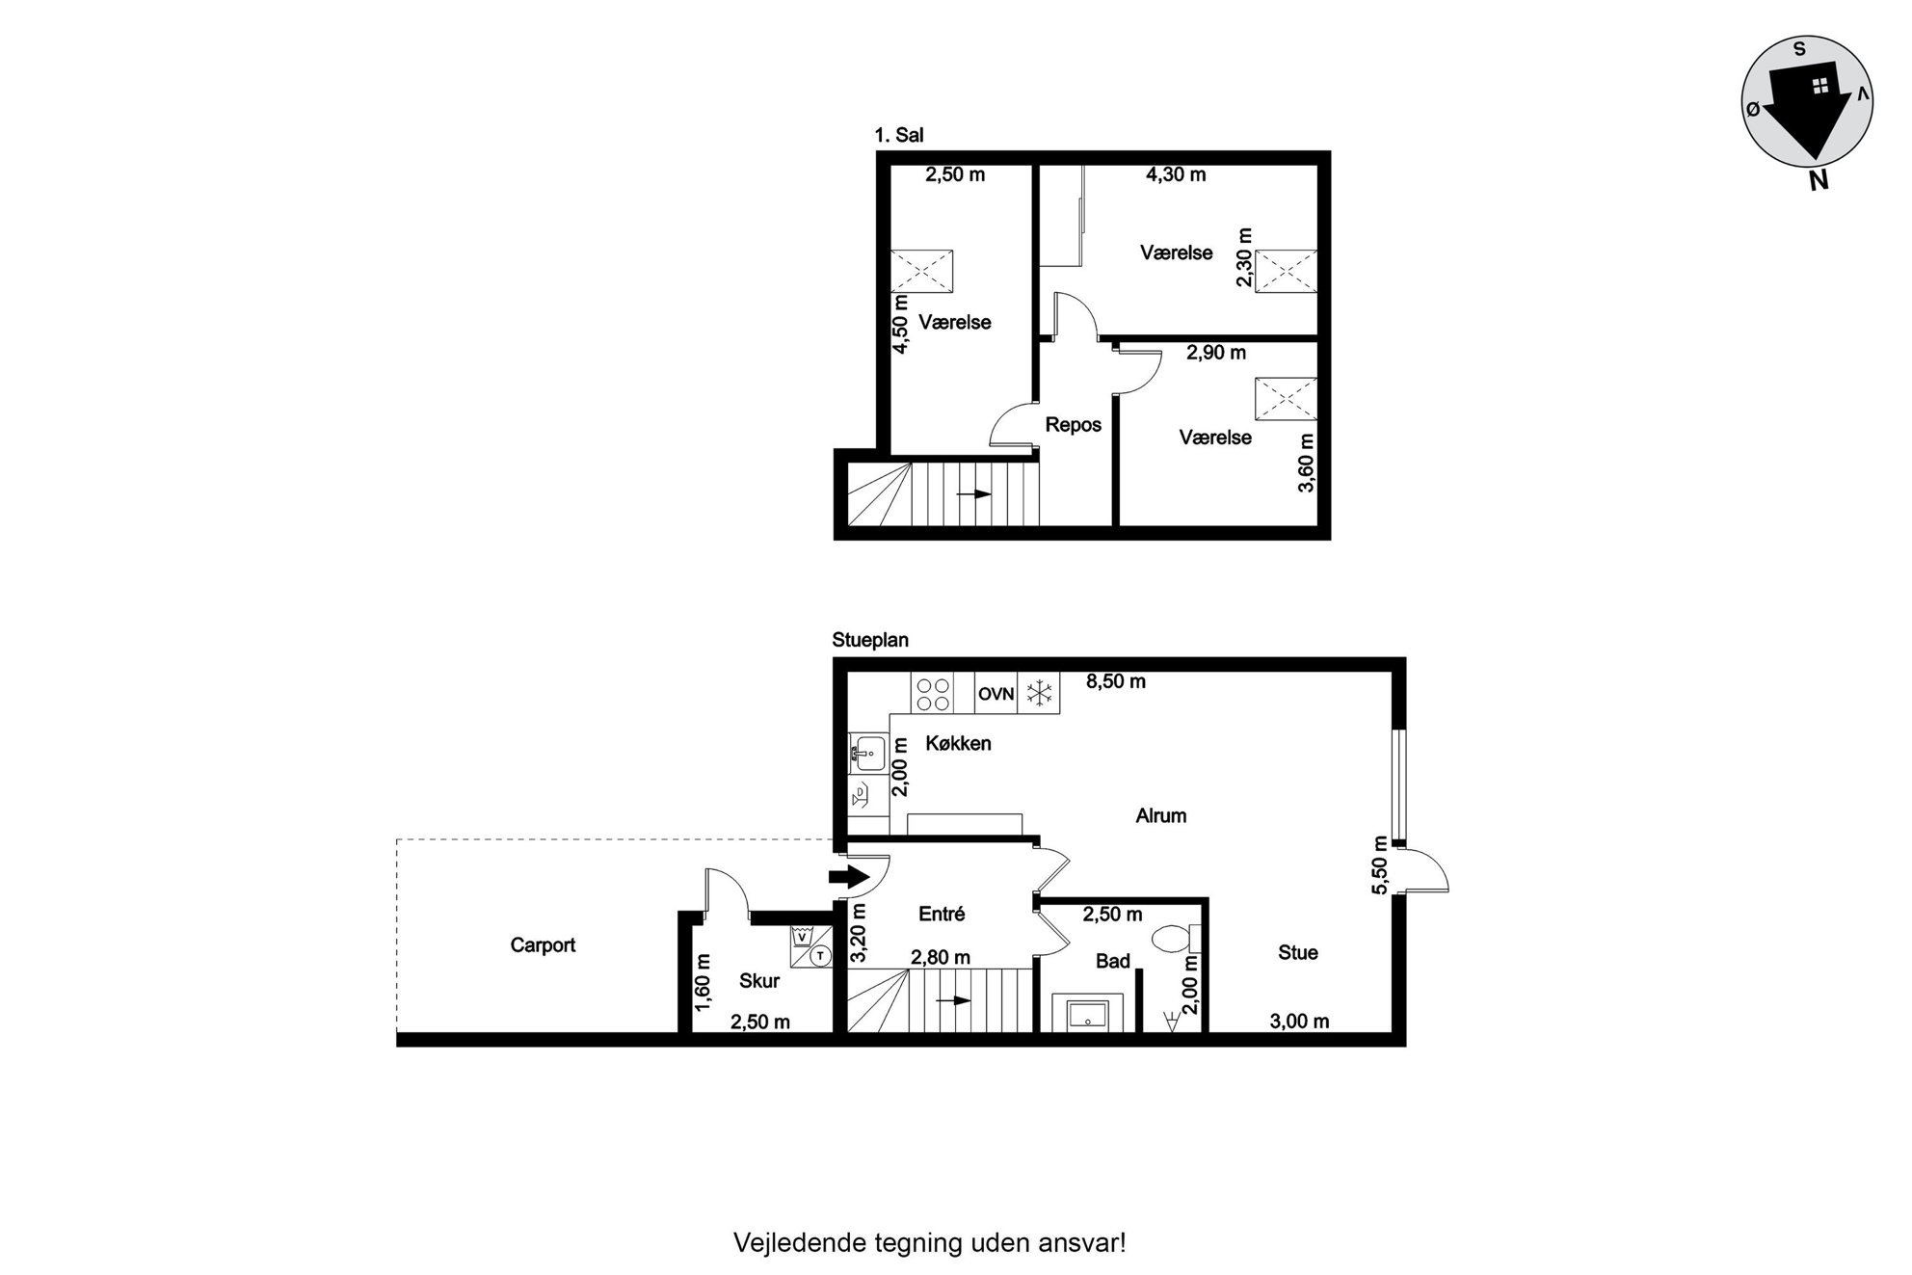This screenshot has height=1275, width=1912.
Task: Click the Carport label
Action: [543, 945]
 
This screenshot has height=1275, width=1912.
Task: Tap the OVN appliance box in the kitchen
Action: [996, 694]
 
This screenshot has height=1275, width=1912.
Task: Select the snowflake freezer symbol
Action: [1039, 694]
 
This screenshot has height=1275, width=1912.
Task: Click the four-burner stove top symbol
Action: [933, 694]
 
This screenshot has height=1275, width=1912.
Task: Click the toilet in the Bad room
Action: [1176, 938]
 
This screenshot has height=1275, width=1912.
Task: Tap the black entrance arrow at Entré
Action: [846, 877]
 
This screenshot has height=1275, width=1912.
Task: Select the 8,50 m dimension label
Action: [1116, 681]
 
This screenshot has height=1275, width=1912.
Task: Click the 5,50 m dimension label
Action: [1380, 864]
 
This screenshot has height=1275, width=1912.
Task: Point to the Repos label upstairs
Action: [1073, 425]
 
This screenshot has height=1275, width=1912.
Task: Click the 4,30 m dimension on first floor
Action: [1176, 174]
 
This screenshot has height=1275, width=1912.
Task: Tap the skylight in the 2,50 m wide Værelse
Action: [921, 271]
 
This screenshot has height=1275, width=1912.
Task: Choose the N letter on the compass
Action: [1819, 180]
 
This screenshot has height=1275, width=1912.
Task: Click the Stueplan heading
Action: [870, 640]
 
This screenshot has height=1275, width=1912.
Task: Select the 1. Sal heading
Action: [898, 136]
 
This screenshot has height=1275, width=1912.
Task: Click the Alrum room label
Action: [1160, 816]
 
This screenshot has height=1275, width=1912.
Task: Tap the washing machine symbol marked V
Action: [801, 935]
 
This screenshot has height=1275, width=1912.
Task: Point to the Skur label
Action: [759, 981]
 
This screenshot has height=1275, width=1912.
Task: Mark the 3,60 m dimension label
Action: [1306, 463]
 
